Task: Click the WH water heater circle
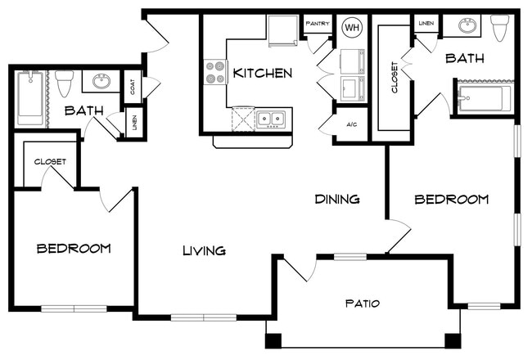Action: pos(352,27)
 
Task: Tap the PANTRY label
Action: pos(318,24)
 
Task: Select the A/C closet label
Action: pos(351,125)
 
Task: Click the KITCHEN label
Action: pos(262,74)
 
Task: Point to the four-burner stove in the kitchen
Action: pos(215,72)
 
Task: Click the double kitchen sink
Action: pos(271,119)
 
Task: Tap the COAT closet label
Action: pos(133,87)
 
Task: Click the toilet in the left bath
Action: pos(65,83)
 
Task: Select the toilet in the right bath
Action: pos(500,28)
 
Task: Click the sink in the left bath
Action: pos(101,82)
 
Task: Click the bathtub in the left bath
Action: pos(30,97)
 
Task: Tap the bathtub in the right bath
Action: pos(485,99)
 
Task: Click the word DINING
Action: pos(337,199)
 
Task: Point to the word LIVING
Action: pos(205,250)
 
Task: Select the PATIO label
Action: pos(363,303)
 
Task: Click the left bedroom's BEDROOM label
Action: pos(74,249)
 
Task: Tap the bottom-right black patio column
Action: pos(453,341)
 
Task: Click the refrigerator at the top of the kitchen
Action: pos(282,30)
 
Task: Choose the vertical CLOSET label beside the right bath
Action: pos(394,77)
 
